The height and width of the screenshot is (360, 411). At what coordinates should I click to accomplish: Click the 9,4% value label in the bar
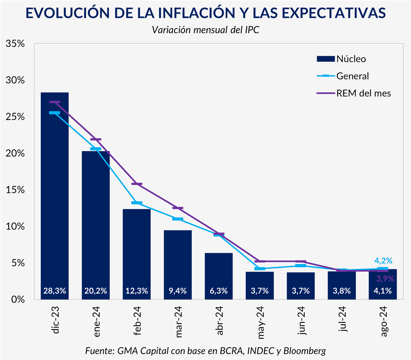pos(177,291)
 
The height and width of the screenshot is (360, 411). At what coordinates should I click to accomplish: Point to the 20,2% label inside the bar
pos(96,291)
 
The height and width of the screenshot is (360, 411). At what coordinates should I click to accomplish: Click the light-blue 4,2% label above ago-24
pos(383,261)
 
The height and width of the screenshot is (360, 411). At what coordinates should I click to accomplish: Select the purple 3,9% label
pos(385,279)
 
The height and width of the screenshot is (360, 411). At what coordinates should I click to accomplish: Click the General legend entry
pos(343,76)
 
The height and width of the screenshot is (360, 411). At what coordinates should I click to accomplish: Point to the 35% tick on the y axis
pos(15,44)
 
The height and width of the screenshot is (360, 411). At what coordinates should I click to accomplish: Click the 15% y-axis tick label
pos(15,190)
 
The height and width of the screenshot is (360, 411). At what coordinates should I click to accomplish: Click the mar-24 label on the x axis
pos(178,322)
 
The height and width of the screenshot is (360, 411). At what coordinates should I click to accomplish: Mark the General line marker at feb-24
pos(137,203)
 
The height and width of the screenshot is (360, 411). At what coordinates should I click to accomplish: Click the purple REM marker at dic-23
pos(55,102)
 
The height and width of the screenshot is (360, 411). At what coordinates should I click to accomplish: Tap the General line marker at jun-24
pos(300,266)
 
